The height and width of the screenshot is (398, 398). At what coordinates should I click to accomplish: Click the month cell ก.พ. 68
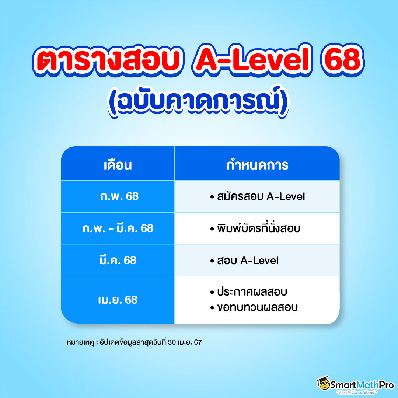click(118, 196)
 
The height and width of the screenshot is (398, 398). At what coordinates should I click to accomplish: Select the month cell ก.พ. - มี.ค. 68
click(118, 228)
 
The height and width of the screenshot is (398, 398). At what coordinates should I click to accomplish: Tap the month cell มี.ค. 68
click(118, 260)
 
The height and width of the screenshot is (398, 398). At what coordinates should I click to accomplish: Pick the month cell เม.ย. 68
click(118, 300)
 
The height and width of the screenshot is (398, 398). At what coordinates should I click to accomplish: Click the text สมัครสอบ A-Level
click(260, 196)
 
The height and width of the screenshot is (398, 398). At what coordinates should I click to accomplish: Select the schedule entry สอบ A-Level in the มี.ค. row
click(247, 261)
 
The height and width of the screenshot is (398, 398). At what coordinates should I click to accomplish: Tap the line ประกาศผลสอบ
click(251, 292)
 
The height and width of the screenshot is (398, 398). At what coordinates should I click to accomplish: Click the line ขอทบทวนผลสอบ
click(256, 307)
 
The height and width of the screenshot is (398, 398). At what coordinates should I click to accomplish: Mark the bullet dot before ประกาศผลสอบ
click(212, 293)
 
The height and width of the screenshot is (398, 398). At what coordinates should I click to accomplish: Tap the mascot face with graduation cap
click(323, 383)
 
